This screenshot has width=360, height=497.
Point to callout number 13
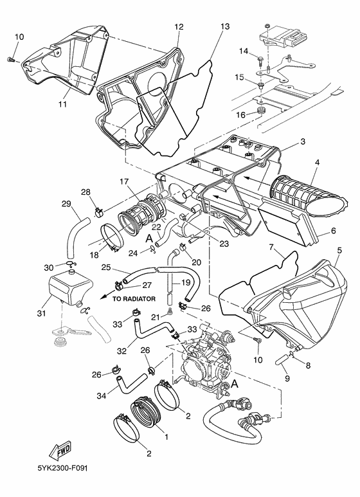(x=224, y=26)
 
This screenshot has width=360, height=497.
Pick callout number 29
(x=66, y=204)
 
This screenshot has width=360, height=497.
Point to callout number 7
(x=273, y=247)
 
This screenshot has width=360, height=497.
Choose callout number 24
(x=132, y=252)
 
